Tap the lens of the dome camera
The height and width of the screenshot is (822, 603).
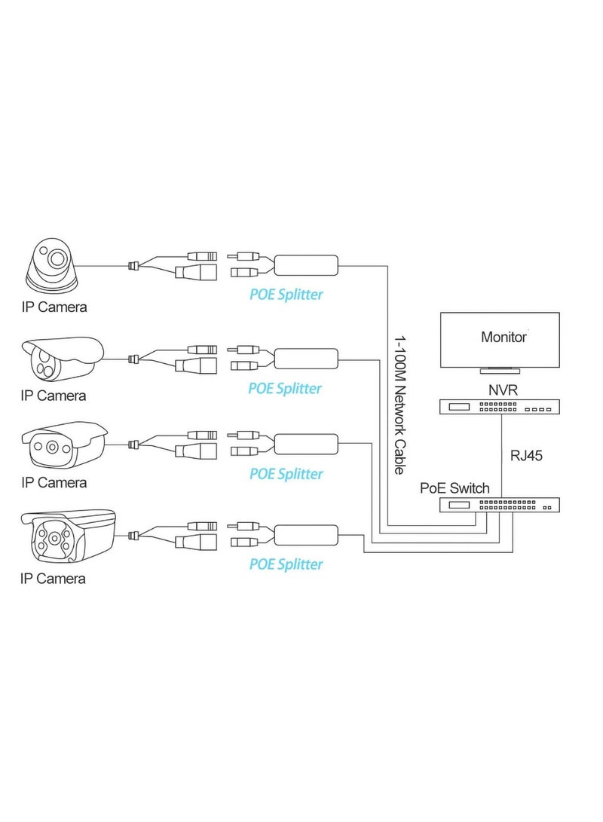click(57, 260)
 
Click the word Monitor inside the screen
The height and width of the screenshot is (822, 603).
click(504, 337)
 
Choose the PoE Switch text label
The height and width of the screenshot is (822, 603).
click(455, 487)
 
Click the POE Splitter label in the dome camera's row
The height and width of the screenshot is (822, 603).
click(286, 294)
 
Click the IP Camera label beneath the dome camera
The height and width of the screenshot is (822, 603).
click(54, 307)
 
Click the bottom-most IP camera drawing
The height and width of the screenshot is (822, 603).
click(68, 536)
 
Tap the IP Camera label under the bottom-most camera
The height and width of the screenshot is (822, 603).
click(53, 579)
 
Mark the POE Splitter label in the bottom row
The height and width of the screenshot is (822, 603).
click(286, 564)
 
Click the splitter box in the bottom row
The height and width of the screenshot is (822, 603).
click(305, 534)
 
